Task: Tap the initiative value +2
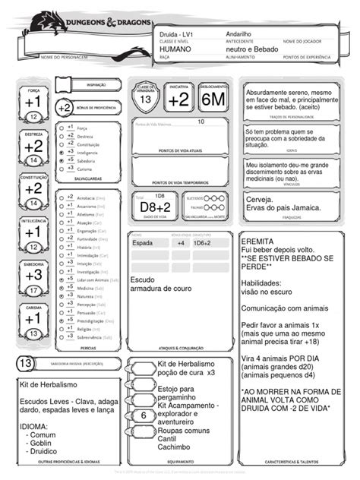pyautogui.click(x=179, y=99)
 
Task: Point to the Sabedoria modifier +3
pyautogui.click(x=33, y=275)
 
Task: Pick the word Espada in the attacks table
pyautogui.click(x=143, y=243)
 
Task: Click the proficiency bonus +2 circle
pyautogui.click(x=65, y=109)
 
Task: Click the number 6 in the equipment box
pyautogui.click(x=144, y=416)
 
